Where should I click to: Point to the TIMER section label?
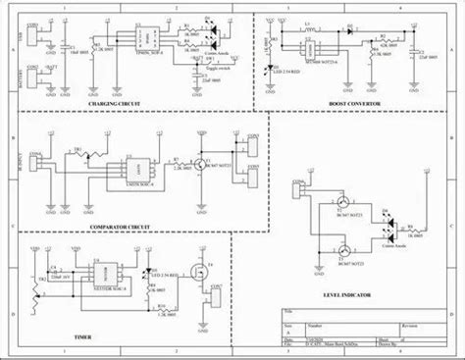click(x=85, y=334)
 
